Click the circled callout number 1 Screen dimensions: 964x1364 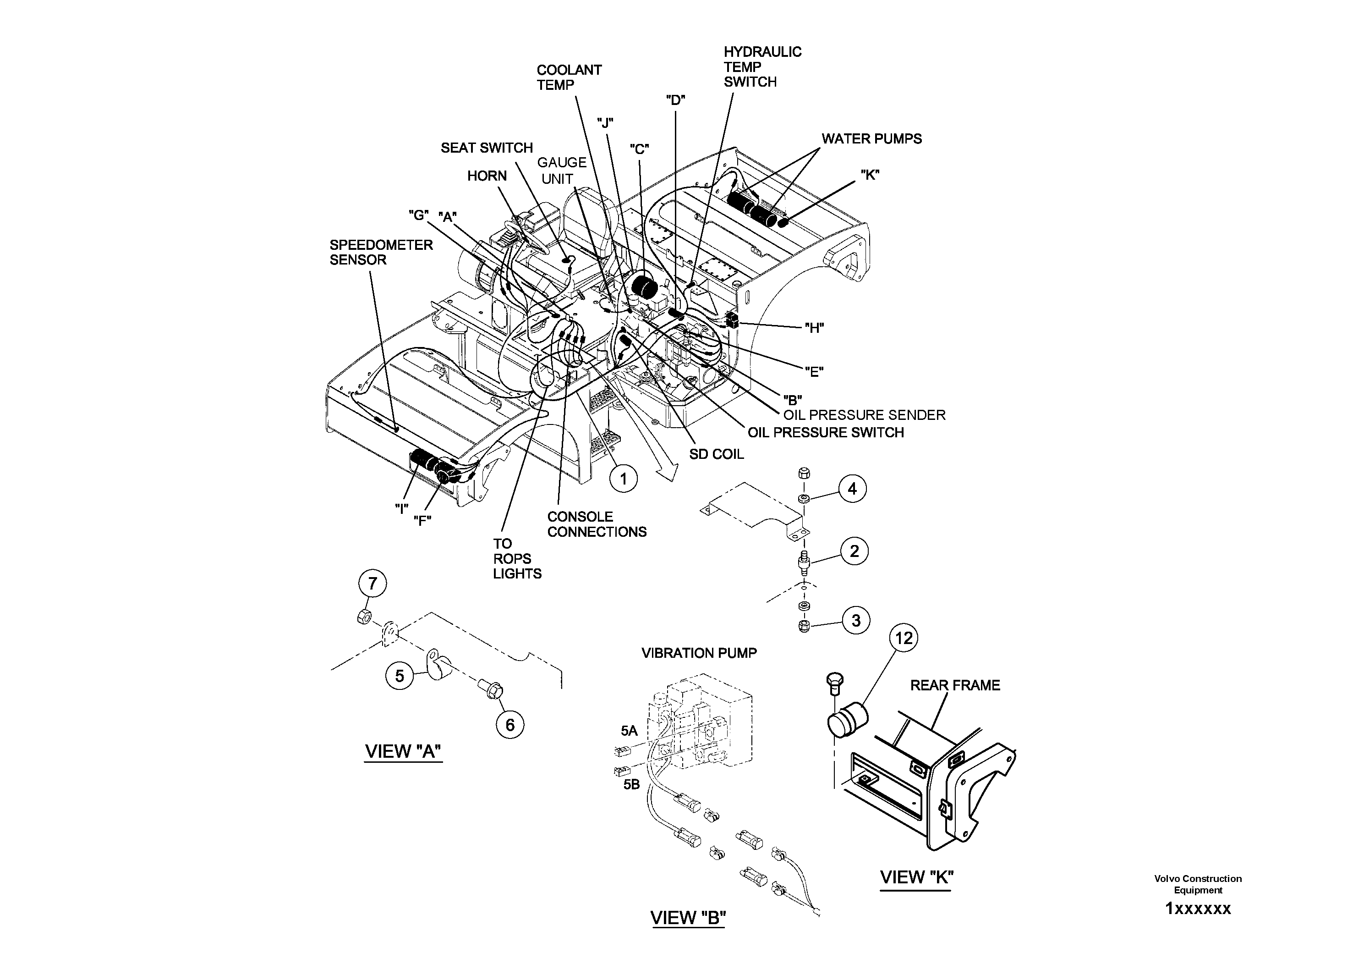[623, 479]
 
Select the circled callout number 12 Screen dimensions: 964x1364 [903, 638]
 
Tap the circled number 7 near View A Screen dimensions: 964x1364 [372, 583]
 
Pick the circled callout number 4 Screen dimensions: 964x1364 [852, 489]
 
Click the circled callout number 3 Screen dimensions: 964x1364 [855, 621]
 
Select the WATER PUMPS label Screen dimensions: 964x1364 [871, 138]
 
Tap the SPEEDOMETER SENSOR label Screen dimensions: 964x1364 [381, 252]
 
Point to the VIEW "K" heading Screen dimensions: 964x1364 [916, 877]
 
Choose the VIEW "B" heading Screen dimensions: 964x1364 [688, 918]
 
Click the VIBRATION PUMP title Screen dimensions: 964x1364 [699, 653]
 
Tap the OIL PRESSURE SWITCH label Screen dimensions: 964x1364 [825, 433]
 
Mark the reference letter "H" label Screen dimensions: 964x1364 [814, 328]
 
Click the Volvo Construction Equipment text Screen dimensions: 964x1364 [1198, 884]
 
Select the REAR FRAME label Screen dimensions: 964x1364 [955, 685]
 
